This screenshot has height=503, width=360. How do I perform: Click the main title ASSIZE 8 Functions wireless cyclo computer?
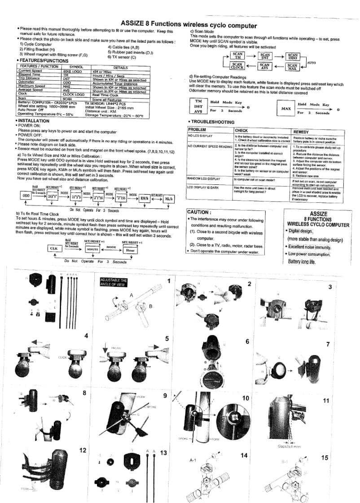[x=186, y=23]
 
